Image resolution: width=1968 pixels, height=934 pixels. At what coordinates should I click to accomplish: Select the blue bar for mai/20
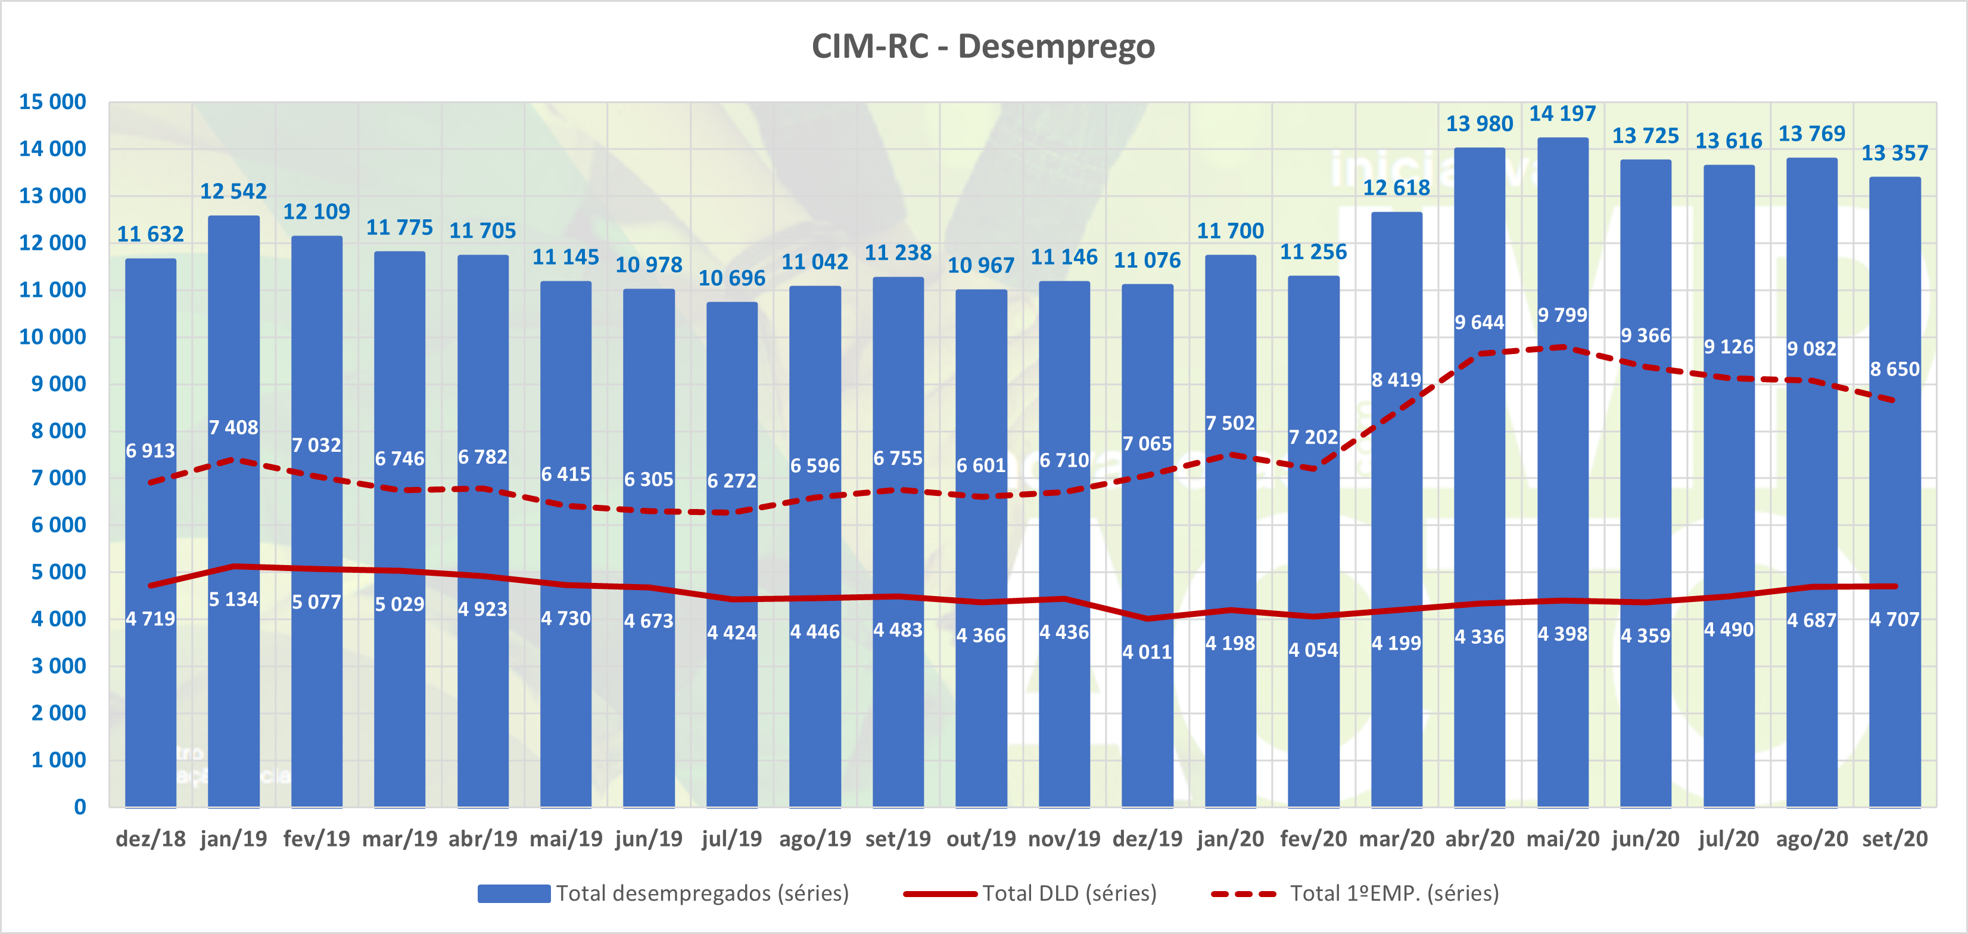coord(1562,497)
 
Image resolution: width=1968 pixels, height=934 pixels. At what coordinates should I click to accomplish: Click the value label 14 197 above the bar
coord(1562,114)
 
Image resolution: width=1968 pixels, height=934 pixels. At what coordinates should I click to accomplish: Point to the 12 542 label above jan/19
coord(233,191)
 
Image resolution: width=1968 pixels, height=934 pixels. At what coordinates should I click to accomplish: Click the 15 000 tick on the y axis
coord(52,102)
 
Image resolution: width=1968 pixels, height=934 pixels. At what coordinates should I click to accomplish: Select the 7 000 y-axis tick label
coord(58,479)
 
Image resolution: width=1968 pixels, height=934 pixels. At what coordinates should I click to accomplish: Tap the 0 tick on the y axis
coord(79,807)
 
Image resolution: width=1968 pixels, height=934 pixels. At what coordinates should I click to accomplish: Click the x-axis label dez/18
coord(151,839)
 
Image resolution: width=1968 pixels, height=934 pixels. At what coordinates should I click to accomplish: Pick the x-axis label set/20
coord(1895,839)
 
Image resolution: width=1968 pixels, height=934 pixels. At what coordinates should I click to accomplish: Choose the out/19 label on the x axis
coord(981,839)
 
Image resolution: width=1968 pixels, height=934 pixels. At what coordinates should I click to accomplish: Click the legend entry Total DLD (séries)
coord(1069,893)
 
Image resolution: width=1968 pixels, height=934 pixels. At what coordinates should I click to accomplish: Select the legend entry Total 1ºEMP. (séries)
coord(1393,893)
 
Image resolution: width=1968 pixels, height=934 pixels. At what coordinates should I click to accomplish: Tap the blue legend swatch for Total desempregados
coord(513,893)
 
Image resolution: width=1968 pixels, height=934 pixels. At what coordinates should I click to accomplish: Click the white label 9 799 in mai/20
coord(1562,315)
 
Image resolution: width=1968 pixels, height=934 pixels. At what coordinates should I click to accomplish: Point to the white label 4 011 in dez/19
coord(1147,652)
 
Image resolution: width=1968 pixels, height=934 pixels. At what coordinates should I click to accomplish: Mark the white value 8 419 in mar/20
coord(1396,380)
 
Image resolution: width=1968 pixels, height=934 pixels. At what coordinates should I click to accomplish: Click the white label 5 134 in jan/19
coord(233,599)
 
